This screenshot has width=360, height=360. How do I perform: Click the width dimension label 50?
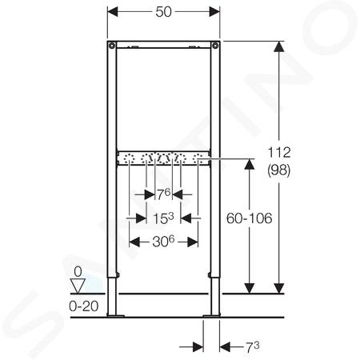point(163,12)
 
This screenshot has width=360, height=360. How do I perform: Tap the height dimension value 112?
point(279,153)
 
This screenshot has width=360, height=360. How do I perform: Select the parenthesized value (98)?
point(279,170)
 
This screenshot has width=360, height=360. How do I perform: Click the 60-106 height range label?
point(250,218)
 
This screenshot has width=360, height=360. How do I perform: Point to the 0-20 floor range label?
point(84,306)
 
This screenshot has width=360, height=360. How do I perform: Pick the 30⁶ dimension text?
point(163,242)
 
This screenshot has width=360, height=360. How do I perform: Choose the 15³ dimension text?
point(163,218)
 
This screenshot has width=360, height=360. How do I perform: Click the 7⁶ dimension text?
point(163,194)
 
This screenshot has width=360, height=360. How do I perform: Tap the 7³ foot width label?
point(252,347)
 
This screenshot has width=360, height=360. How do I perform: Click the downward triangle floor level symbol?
point(78,286)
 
